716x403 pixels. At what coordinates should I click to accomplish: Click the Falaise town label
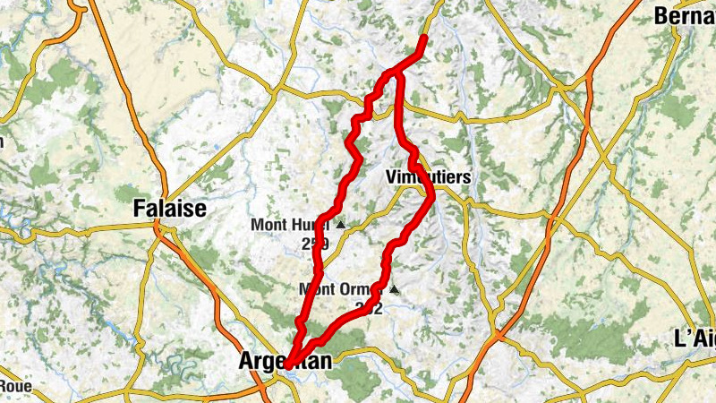click(x=169, y=209)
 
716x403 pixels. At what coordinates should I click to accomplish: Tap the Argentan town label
click(x=286, y=362)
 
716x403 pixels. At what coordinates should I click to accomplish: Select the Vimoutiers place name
click(x=428, y=177)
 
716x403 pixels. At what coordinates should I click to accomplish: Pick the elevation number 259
click(x=316, y=243)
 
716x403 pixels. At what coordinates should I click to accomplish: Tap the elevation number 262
click(x=368, y=308)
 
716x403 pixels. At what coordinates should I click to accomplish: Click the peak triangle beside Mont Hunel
click(x=340, y=224)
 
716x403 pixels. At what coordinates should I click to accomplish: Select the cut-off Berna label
click(x=685, y=15)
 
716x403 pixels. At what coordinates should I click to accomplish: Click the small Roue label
click(x=16, y=387)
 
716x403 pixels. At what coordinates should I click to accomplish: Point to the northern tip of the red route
click(x=423, y=38)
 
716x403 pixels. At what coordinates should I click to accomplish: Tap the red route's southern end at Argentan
click(x=287, y=364)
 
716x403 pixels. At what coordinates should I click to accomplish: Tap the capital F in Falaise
click(x=139, y=209)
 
